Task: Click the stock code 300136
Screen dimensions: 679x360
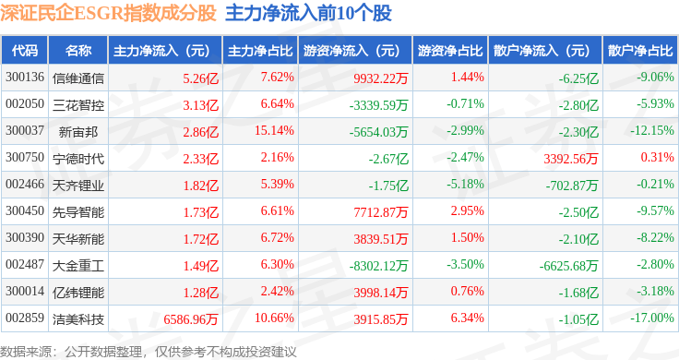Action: [25, 78]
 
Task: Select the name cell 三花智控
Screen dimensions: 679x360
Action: [78, 105]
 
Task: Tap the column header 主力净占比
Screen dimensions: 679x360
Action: [260, 51]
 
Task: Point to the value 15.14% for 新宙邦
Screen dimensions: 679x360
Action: [274, 130]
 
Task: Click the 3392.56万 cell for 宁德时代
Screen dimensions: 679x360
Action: [571, 159]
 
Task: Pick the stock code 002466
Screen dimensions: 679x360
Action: [25, 184]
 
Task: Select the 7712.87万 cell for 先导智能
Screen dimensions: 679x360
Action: [381, 211]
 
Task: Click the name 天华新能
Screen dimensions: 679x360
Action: [78, 239]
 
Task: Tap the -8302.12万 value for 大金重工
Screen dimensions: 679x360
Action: [378, 266]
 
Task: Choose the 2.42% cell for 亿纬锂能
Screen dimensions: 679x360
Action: [277, 291]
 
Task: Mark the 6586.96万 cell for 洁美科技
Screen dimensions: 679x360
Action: [191, 319]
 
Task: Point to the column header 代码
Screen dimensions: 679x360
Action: [25, 51]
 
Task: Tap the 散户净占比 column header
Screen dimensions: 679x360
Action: [640, 51]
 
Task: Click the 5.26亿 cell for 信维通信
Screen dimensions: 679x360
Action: [200, 78]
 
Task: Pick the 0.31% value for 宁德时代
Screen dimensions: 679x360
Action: [658, 157]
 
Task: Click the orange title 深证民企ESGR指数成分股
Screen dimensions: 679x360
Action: [108, 14]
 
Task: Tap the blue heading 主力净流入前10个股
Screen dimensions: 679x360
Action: [308, 14]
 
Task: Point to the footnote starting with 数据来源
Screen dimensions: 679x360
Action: [149, 352]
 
